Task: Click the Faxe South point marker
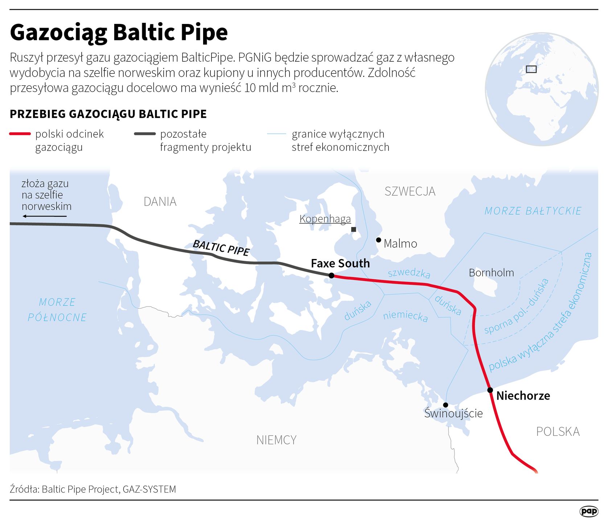(331, 276)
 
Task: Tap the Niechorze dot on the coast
(490, 390)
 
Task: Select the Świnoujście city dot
(445, 405)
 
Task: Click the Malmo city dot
(378, 240)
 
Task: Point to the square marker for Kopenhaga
(354, 229)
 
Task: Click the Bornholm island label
(491, 273)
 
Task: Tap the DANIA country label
(160, 202)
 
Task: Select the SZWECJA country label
(410, 191)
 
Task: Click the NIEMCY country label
(276, 440)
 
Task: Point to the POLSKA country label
(558, 431)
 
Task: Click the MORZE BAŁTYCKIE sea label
(533, 211)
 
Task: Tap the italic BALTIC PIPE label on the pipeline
(221, 248)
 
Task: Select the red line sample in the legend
(20, 134)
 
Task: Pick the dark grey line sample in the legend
(145, 134)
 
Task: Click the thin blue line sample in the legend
(276, 134)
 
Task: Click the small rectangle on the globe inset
(531, 69)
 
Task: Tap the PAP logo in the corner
(589, 511)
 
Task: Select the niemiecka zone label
(406, 316)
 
